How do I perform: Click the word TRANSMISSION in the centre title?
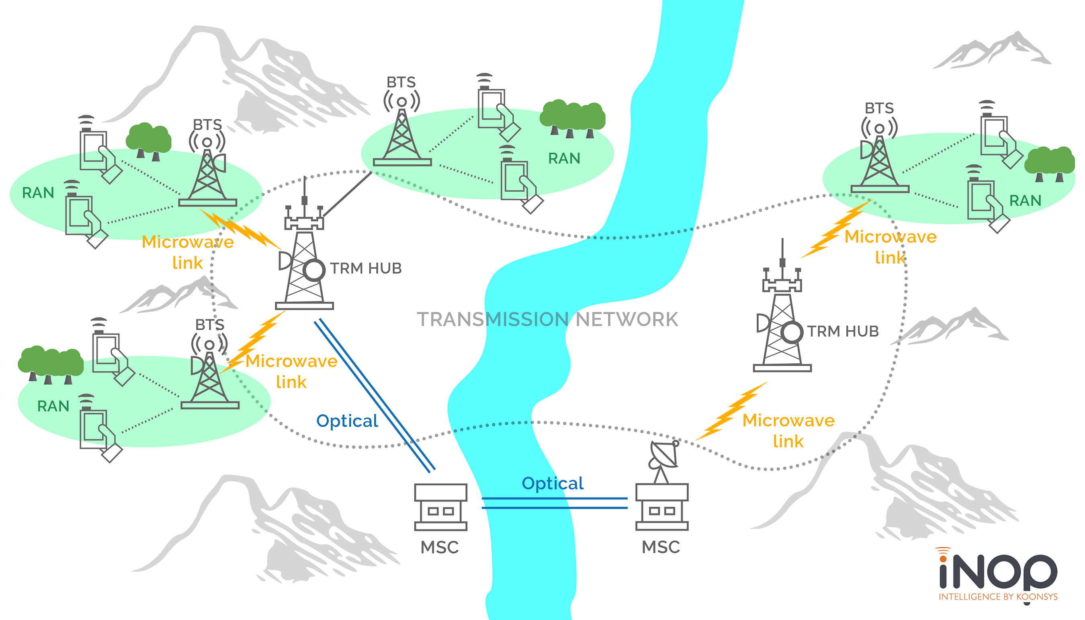(x=493, y=319)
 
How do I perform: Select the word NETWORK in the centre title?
(x=627, y=319)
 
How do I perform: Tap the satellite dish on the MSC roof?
(x=663, y=455)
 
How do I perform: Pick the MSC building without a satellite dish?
(x=441, y=507)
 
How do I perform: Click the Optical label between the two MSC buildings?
(x=553, y=483)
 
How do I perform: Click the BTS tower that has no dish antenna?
(x=402, y=136)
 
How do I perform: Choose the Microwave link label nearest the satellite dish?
(x=788, y=430)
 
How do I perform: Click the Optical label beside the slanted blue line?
(x=347, y=421)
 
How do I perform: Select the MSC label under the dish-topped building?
(x=661, y=547)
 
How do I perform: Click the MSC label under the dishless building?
(x=440, y=547)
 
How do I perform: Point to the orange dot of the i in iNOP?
(x=943, y=559)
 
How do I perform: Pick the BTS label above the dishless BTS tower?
(x=401, y=82)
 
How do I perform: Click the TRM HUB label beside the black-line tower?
(x=366, y=268)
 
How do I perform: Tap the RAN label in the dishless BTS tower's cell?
(x=564, y=158)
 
